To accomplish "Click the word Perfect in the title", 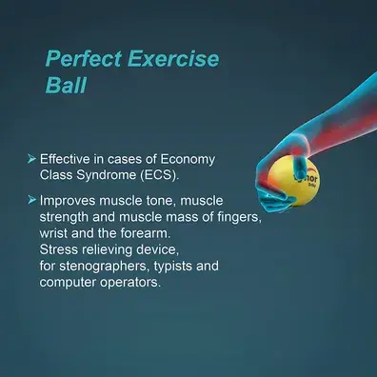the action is pyautogui.click(x=84, y=59).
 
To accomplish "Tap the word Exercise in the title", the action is pyautogui.click(x=173, y=59).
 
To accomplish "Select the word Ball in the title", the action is pyautogui.click(x=66, y=85).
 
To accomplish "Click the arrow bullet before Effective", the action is pyautogui.click(x=31, y=159).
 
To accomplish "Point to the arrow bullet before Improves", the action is pyautogui.click(x=31, y=200).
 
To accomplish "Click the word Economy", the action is pyautogui.click(x=188, y=160).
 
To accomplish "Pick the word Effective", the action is pyautogui.click(x=65, y=159).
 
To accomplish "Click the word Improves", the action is pyautogui.click(x=68, y=201).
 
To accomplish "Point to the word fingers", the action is pyautogui.click(x=240, y=217).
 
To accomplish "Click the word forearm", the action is pyautogui.click(x=146, y=233).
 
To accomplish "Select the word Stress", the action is pyautogui.click(x=59, y=249).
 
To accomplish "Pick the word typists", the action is pyautogui.click(x=173, y=267).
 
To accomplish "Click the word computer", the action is pyautogui.click(x=68, y=283).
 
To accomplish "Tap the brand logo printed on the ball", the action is pyautogui.click(x=307, y=180).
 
